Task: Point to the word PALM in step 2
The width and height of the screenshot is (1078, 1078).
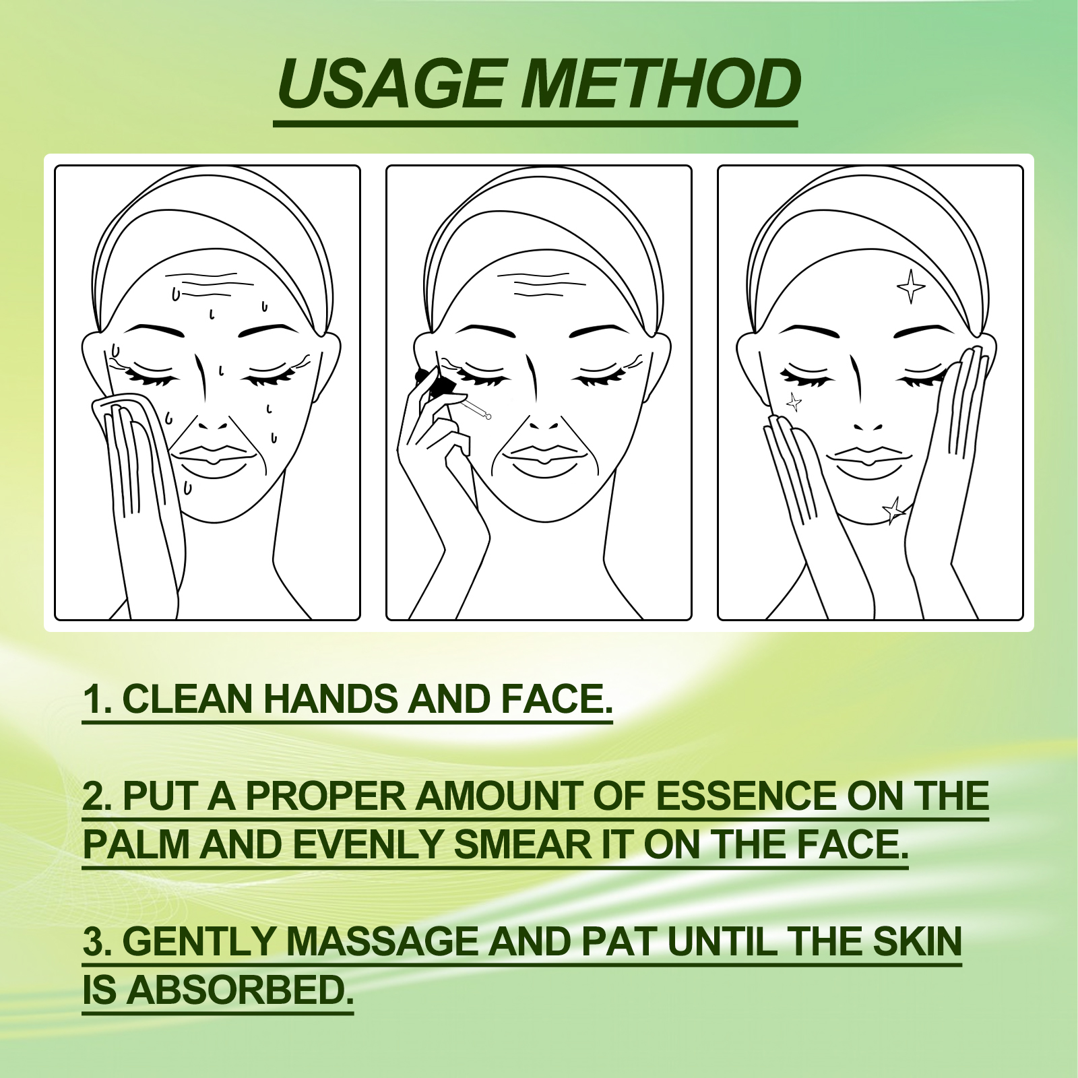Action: [136, 844]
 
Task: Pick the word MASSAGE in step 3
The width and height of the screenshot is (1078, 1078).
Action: [383, 941]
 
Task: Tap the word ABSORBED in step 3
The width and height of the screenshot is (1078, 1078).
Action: [240, 990]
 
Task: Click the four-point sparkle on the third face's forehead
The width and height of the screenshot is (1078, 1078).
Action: [911, 286]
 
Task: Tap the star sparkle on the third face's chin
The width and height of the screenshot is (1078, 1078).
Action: [895, 510]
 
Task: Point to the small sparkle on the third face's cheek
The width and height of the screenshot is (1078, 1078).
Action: [794, 402]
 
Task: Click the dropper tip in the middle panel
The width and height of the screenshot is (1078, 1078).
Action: [486, 416]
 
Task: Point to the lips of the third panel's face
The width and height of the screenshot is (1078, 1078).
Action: [868, 456]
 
